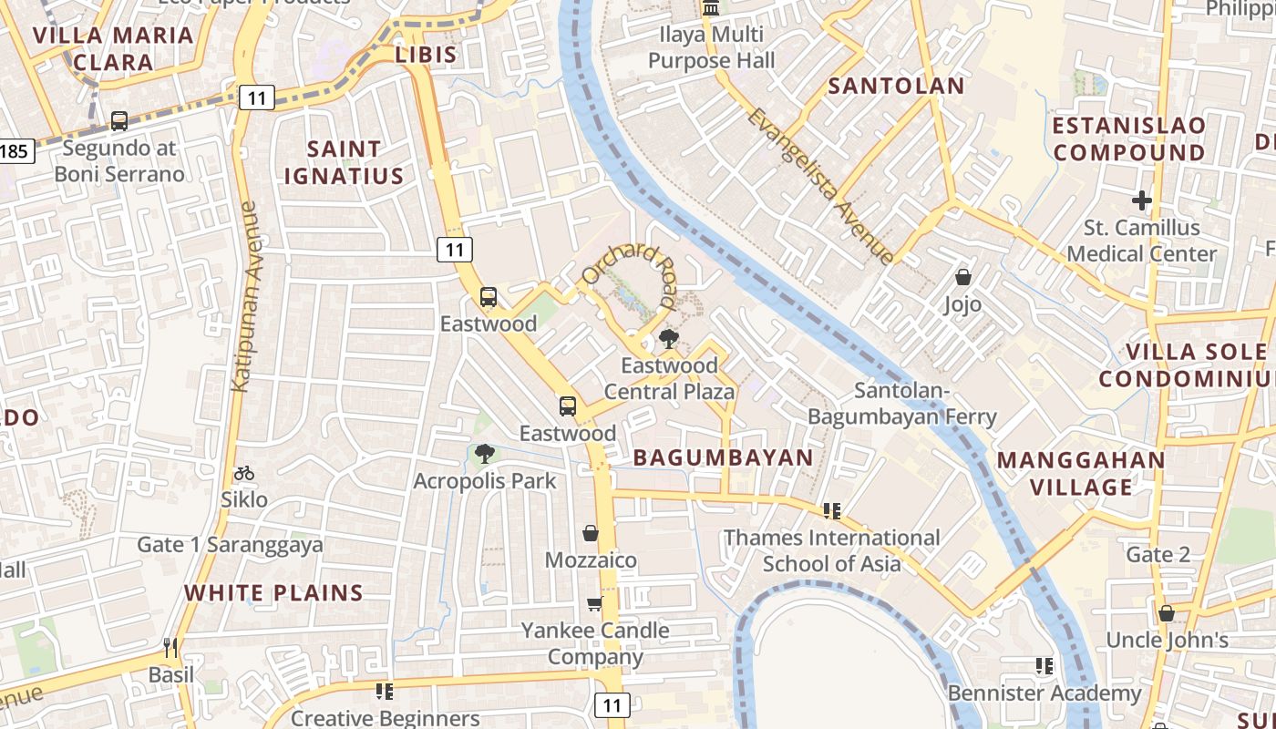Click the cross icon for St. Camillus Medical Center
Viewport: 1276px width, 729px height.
click(x=1142, y=200)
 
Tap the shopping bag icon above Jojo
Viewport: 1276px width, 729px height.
click(x=963, y=277)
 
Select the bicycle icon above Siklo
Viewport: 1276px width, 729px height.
click(x=244, y=473)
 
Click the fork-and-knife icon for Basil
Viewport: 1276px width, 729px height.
click(x=170, y=648)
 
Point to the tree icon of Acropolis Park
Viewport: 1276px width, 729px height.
click(x=485, y=453)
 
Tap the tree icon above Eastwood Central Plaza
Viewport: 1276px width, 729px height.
click(x=669, y=340)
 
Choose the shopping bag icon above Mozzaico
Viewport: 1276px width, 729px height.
click(x=591, y=533)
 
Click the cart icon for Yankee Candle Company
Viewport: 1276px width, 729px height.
click(x=595, y=603)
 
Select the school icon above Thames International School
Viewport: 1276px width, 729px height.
click(x=831, y=511)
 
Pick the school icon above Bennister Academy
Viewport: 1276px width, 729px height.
click(x=1044, y=666)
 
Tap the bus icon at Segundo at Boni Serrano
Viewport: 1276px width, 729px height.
click(x=119, y=120)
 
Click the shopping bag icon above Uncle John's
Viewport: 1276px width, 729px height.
click(x=1167, y=613)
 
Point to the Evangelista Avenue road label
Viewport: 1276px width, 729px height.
click(x=819, y=186)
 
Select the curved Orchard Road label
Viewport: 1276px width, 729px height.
click(x=631, y=270)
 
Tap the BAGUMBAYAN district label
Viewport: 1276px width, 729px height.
click(x=723, y=457)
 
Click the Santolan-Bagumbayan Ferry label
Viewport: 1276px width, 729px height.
click(x=902, y=404)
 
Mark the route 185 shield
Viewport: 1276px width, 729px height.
click(x=15, y=150)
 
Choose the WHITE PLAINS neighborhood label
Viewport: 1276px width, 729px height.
click(x=273, y=593)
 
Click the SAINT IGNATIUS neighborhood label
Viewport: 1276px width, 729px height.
click(x=344, y=162)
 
